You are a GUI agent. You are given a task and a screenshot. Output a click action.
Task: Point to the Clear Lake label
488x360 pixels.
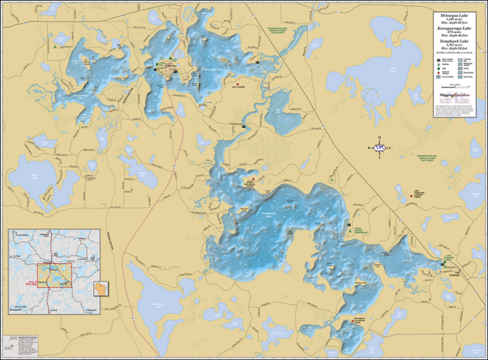pyautogui.click(x=393, y=69)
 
